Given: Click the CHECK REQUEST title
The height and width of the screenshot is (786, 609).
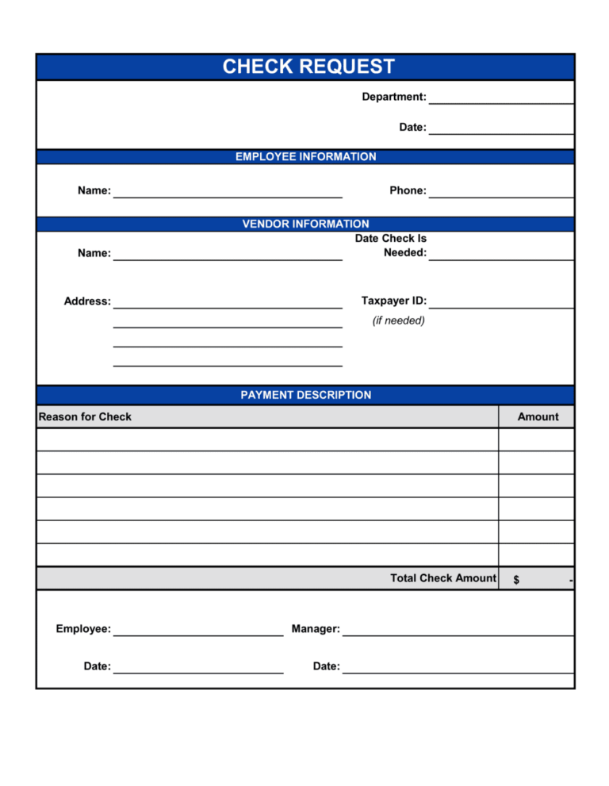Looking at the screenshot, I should coord(308,67).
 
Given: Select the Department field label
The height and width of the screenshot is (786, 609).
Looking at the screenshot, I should coord(393,97).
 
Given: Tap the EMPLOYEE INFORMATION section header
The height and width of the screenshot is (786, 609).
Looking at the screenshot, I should coord(305,157).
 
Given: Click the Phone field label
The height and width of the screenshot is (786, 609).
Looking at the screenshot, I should coord(408,190).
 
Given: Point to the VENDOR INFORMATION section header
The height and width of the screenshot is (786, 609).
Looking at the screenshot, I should coord(305,224).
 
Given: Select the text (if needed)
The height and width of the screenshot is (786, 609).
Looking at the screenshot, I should coord(398,320).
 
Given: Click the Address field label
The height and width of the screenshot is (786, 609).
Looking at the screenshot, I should coord(87,301).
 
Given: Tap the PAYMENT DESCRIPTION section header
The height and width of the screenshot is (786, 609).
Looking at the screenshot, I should coord(305,395).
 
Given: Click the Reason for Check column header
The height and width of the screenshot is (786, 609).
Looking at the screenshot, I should coord(85,416).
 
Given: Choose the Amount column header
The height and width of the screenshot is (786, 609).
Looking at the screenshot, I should coord(538,416).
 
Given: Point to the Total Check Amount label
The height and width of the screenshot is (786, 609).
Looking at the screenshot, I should coord(442,578).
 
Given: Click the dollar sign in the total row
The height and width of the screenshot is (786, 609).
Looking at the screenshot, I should coord(516,580).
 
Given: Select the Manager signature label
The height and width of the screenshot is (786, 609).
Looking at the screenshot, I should coord(316,629).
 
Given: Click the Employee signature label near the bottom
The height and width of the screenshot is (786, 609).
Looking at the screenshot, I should coord(83,629).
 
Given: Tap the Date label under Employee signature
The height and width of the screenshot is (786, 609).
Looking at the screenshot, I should coord(97,666).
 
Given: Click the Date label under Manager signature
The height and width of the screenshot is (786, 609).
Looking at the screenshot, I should coord(326,666).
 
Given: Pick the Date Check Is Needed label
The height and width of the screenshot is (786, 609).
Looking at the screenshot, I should coord(391,246).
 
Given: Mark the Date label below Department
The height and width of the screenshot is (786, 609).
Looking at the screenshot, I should coord(412,127).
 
